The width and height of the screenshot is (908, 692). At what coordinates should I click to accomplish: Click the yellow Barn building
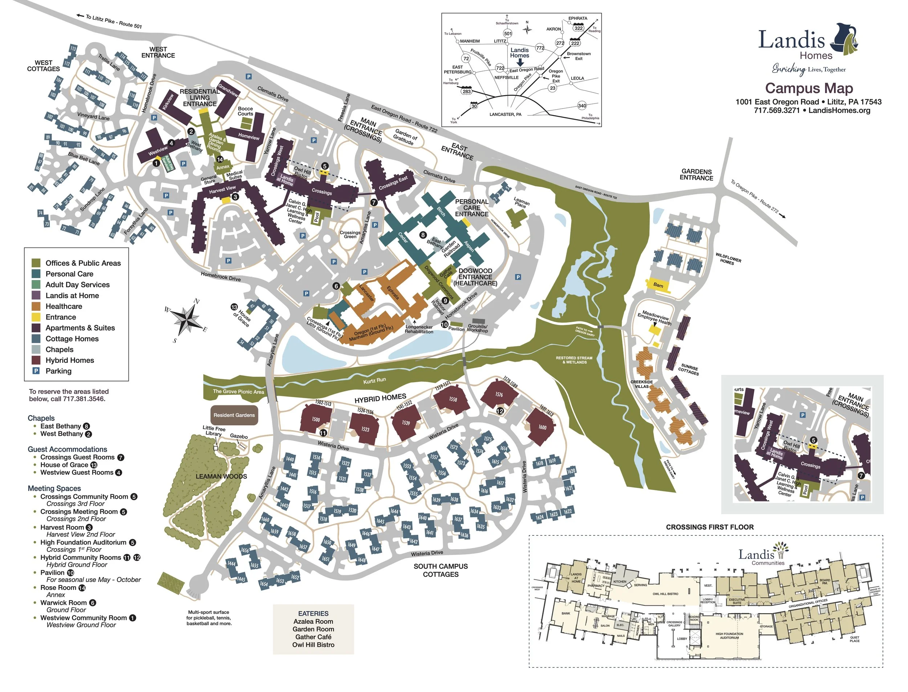pos(658,285)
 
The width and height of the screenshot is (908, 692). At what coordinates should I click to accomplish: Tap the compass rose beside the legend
pos(187,319)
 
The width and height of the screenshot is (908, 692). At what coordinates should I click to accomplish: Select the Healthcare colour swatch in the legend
pos(36,307)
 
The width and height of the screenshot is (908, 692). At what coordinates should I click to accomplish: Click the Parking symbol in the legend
pos(36,371)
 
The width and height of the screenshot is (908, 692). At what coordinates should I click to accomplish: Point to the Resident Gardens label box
pos(234,415)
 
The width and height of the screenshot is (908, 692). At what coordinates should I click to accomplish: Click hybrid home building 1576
pos(499,394)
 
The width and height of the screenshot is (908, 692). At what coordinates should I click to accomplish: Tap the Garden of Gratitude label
pos(405,137)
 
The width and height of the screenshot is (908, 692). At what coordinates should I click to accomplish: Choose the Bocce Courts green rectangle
pos(246,122)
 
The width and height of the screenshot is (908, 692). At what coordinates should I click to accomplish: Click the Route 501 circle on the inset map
pos(508,33)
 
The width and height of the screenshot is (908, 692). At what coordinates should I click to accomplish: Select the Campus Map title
pos(809,88)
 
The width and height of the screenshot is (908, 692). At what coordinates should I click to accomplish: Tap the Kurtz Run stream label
pos(374,381)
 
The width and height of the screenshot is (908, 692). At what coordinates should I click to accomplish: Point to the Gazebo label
pos(239,436)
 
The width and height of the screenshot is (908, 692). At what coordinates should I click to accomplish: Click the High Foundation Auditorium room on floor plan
pos(729,636)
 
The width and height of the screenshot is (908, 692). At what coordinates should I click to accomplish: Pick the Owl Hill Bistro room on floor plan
pos(665,594)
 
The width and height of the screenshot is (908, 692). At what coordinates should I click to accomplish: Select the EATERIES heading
pos(313,613)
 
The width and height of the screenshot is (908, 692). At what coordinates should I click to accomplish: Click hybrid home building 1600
pos(542,427)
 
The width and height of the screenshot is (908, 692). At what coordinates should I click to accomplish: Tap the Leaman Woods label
pos(221,477)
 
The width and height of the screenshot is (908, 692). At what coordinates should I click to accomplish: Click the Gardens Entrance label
pos(696,175)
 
